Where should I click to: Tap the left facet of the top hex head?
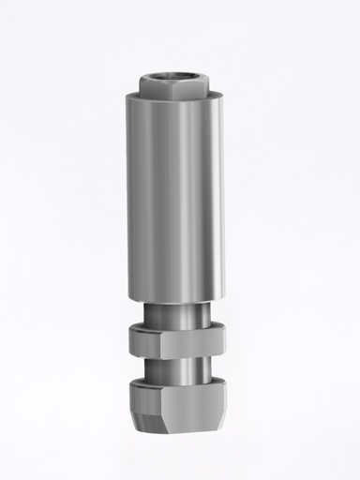pyautogui.click(x=155, y=85)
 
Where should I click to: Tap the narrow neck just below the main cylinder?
pyautogui.click(x=172, y=312)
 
